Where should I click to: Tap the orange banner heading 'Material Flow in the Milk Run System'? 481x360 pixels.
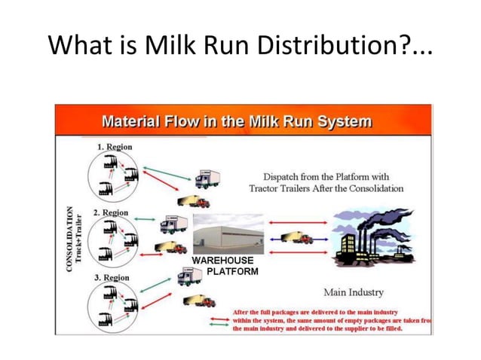coord(237,121)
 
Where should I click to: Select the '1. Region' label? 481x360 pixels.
coord(115,146)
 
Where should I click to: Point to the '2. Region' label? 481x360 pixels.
coord(110,212)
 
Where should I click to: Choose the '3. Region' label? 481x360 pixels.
coord(111,277)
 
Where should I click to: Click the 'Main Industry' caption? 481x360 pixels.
coord(353,291)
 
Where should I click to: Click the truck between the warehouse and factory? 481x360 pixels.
coord(296,238)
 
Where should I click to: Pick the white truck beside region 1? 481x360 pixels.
coord(207,178)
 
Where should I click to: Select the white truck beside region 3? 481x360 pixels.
coord(189,277)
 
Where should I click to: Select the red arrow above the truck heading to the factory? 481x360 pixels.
coord(293,224)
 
